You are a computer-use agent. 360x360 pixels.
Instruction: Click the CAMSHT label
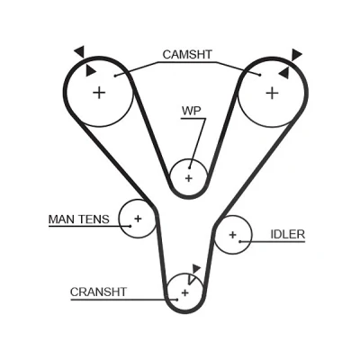click(187, 55)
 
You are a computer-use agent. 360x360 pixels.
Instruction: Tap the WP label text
click(192, 111)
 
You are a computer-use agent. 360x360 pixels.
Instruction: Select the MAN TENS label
click(79, 220)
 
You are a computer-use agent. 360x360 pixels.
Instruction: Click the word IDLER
click(288, 234)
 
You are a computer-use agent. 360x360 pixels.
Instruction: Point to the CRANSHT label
click(98, 292)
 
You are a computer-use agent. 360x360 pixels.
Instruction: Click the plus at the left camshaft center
click(99, 93)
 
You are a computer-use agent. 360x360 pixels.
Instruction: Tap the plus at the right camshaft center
click(272, 93)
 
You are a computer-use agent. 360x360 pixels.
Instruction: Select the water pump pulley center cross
click(188, 178)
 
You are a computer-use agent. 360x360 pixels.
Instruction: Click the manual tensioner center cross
click(138, 219)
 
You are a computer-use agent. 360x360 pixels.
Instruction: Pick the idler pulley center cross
click(233, 235)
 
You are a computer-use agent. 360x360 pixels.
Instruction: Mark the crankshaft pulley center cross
click(185, 292)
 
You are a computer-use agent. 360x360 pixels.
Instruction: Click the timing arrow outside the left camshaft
click(80, 51)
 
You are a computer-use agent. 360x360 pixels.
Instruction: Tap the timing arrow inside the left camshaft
click(90, 71)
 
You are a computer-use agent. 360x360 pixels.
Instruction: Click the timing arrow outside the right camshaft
click(296, 54)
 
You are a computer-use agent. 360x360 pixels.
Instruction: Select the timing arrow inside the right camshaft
click(283, 73)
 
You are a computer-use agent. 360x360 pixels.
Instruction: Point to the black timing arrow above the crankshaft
click(196, 268)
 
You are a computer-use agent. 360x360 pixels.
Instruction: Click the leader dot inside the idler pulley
click(240, 241)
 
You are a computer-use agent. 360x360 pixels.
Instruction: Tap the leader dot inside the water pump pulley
click(190, 167)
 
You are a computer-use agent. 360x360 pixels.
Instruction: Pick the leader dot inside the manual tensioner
click(130, 226)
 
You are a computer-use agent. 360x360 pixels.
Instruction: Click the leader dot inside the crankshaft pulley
click(177, 300)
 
